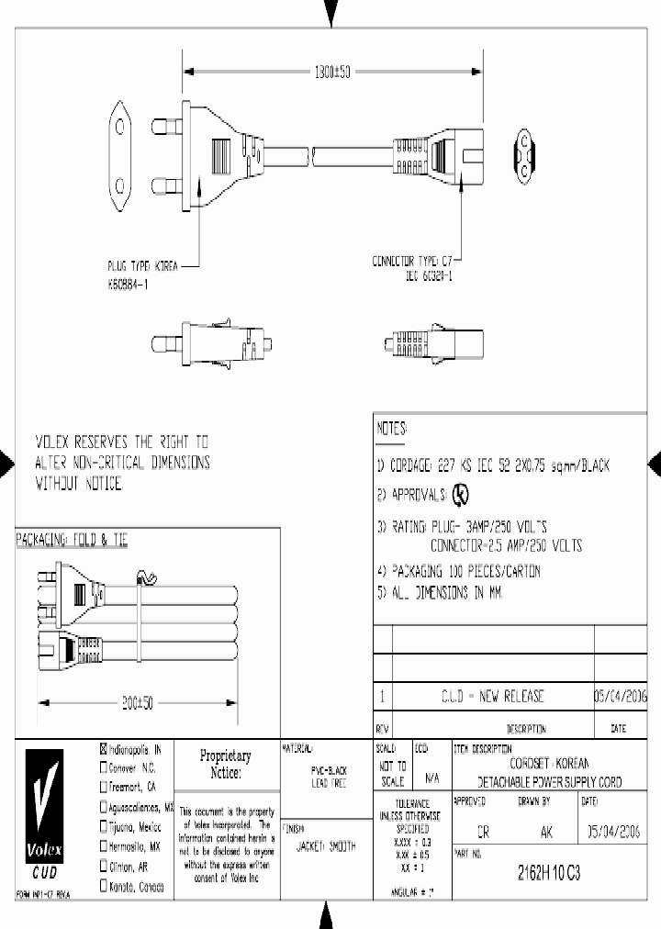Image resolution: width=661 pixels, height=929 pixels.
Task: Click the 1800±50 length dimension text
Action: click(x=332, y=72)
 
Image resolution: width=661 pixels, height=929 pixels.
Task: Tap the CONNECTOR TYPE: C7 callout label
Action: click(x=412, y=262)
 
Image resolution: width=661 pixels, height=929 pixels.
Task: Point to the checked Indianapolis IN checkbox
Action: click(x=104, y=749)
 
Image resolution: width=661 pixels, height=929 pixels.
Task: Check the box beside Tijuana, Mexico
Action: click(x=104, y=826)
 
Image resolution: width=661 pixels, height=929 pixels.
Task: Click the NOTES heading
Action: click(x=392, y=429)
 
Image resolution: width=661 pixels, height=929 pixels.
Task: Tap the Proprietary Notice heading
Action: click(x=225, y=765)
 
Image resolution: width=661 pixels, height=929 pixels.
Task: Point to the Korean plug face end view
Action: click(x=120, y=151)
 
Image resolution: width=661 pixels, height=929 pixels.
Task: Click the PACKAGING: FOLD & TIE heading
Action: click(x=73, y=542)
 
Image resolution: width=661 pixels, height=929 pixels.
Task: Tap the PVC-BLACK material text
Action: click(x=328, y=772)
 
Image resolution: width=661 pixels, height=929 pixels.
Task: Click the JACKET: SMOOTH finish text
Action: click(x=327, y=846)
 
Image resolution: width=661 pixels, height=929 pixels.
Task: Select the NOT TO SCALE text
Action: click(x=392, y=774)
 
